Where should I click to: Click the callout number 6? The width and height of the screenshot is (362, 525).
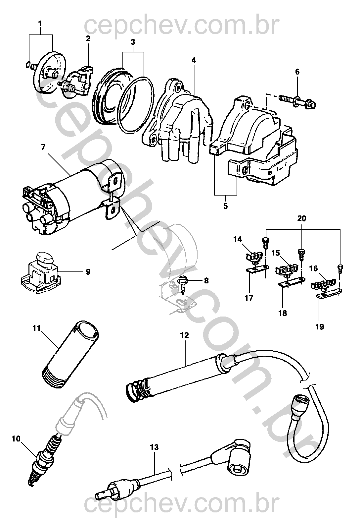click(297, 72)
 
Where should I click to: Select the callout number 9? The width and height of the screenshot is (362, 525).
click(88, 272)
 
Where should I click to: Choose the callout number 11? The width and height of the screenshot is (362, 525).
click(37, 328)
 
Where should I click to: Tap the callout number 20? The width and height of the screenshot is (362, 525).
click(302, 218)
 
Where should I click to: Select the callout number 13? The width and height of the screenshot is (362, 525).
click(155, 447)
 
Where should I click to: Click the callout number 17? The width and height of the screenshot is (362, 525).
click(249, 298)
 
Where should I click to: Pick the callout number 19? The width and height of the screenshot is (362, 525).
click(320, 327)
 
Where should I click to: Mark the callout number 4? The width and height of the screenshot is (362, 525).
click(194, 60)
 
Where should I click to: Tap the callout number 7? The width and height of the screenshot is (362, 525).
click(44, 147)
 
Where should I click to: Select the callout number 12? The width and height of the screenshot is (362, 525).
click(184, 335)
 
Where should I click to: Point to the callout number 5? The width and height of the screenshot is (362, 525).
click(225, 206)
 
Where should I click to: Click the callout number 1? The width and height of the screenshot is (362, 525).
click(40, 24)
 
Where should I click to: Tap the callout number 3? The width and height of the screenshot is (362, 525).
click(133, 42)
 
